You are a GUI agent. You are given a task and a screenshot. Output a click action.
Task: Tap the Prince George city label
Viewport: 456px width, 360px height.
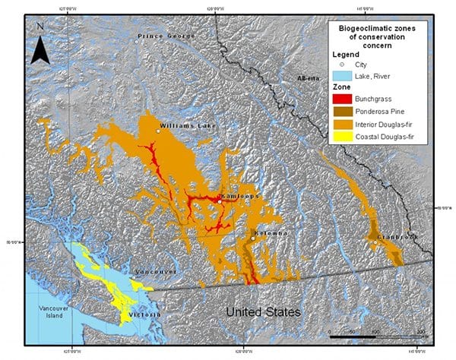click(x=160, y=36)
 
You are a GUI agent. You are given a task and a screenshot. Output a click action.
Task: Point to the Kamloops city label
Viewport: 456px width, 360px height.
click(x=239, y=195)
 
